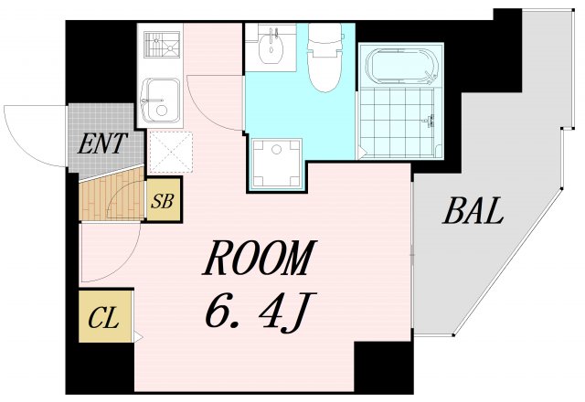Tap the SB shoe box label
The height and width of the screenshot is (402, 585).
point(164,201)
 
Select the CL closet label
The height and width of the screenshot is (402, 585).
point(104,319)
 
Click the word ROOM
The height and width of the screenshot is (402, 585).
point(259,261)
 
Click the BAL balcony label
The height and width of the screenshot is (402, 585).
point(473,212)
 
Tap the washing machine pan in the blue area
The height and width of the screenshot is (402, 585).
point(276,163)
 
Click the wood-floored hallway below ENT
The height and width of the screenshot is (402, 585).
point(110,196)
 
